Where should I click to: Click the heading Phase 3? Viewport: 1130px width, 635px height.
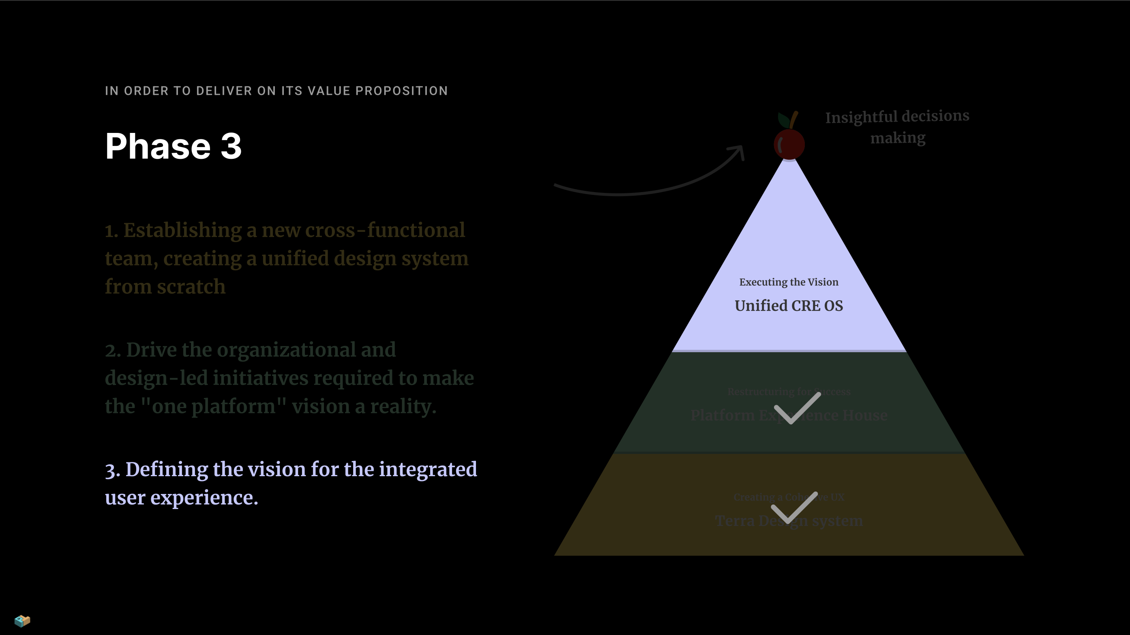tap(173, 146)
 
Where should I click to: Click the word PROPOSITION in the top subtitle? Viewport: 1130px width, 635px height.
tap(401, 91)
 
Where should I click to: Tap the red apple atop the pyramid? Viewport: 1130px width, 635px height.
tap(789, 144)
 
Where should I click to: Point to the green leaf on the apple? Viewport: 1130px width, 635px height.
tap(783, 119)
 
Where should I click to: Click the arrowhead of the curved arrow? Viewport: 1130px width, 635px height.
tap(739, 151)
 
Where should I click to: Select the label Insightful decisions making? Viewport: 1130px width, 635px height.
tap(897, 127)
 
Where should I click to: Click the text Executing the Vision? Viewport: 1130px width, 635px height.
tap(789, 282)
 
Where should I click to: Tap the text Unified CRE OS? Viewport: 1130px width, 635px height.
tap(789, 306)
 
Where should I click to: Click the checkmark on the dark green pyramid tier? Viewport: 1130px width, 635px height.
tap(797, 408)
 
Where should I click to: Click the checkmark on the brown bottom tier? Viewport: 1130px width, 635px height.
tap(794, 507)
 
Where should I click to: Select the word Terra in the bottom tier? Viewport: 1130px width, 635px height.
tap(735, 521)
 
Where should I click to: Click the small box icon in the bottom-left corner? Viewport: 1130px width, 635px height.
tap(22, 620)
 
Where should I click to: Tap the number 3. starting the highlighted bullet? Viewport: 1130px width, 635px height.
tap(113, 470)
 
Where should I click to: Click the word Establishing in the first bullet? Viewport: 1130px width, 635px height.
tap(182, 230)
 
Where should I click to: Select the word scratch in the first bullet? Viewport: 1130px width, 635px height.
tap(191, 287)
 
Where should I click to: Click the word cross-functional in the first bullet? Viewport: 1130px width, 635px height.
tap(385, 230)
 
